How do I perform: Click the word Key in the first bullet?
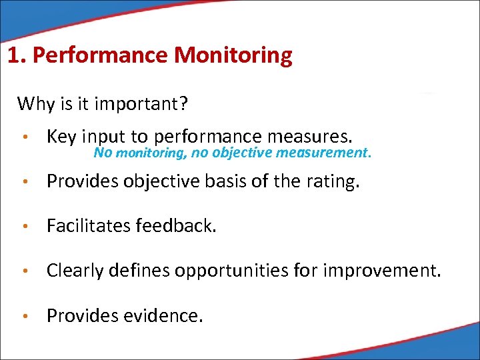[61, 137]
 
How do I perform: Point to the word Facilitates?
[89, 227]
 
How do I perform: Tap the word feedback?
[177, 227]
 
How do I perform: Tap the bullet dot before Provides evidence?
[25, 316]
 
